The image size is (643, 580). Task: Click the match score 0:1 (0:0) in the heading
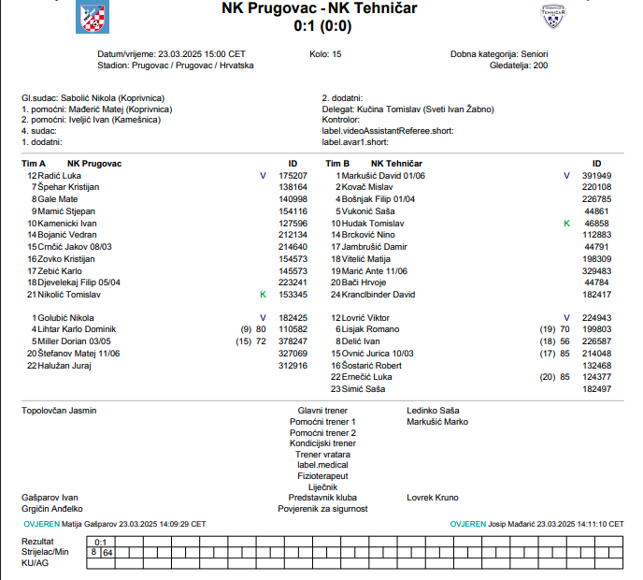(x=320, y=26)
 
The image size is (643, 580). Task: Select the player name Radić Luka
(x=60, y=176)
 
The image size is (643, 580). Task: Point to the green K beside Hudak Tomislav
(x=566, y=224)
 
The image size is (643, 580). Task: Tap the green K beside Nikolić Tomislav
(x=263, y=295)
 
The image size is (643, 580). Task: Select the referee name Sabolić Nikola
(x=92, y=97)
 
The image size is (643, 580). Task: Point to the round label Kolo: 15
(x=325, y=54)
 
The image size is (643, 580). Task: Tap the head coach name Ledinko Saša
(x=433, y=411)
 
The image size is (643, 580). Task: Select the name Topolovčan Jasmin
(x=59, y=411)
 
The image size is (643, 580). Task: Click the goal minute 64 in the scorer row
(x=107, y=553)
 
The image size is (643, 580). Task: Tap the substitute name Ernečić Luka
(x=367, y=377)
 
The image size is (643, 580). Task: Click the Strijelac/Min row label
(x=45, y=553)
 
